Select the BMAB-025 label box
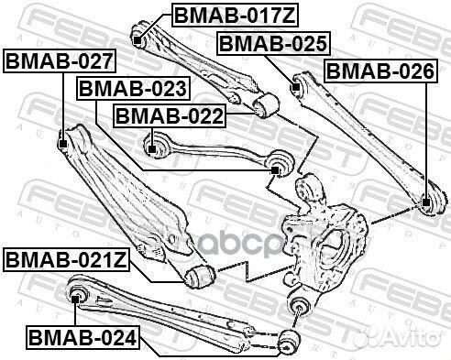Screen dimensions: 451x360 (x=272, y=42)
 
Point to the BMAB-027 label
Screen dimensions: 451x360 (x=60, y=61)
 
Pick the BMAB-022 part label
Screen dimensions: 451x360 (x=167, y=117)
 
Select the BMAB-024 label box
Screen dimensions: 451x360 (x=82, y=337)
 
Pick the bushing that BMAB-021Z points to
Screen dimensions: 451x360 (x=198, y=274)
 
